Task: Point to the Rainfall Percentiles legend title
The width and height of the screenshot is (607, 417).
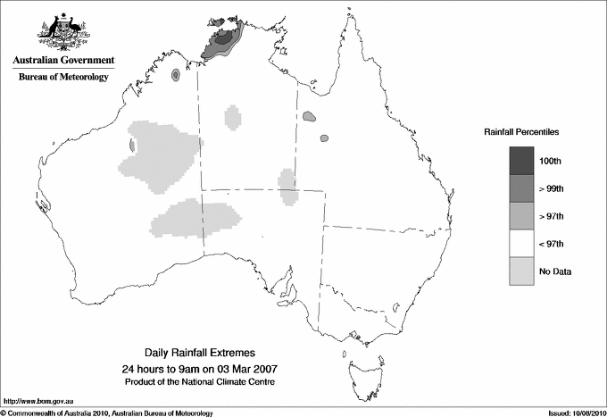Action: click(x=521, y=131)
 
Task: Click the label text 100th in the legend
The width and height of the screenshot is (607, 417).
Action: click(x=550, y=161)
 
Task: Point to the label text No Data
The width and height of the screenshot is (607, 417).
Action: click(x=554, y=271)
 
